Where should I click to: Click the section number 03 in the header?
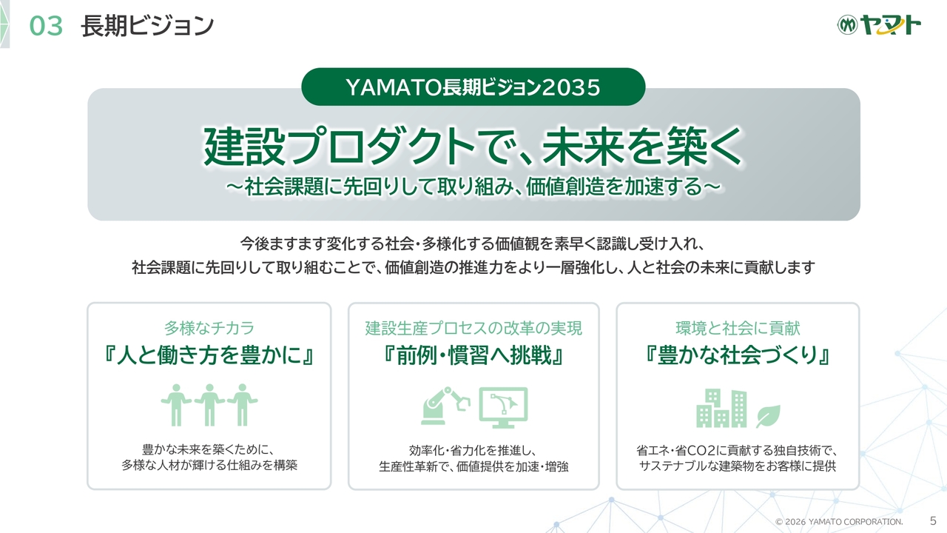(x=46, y=26)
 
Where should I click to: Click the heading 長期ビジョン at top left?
(x=147, y=25)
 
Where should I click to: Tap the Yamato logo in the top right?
(x=879, y=25)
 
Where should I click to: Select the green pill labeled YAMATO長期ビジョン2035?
(x=473, y=87)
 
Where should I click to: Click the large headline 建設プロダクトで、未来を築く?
(x=473, y=147)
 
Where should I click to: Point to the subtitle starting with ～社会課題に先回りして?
(x=473, y=187)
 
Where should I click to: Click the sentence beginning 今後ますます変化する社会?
(x=473, y=244)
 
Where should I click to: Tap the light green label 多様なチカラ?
(x=209, y=328)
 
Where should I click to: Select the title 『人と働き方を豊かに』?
(x=209, y=355)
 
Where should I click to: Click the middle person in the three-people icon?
(x=209, y=405)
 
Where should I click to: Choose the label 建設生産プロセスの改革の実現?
(x=473, y=328)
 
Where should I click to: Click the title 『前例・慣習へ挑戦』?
(x=473, y=355)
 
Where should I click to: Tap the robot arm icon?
(x=445, y=406)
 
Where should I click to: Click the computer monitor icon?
(x=503, y=407)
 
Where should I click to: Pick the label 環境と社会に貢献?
(x=738, y=328)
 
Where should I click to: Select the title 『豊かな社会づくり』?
(x=738, y=355)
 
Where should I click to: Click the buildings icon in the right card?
(x=721, y=408)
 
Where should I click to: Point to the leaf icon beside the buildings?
(x=768, y=416)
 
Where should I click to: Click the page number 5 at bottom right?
(x=933, y=520)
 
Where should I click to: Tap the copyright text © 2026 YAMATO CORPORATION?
(x=839, y=522)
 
